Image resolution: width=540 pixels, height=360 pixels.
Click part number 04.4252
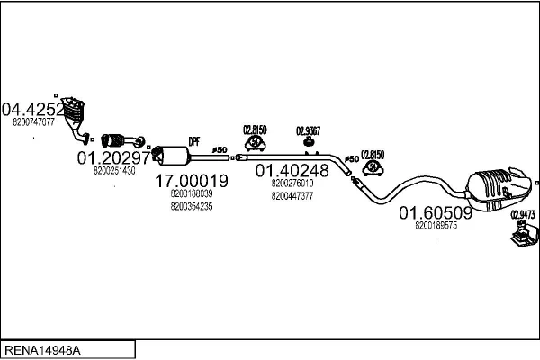(x=34, y=110)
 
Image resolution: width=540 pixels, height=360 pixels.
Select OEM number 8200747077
(x=34, y=121)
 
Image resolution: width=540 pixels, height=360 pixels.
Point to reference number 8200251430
(x=113, y=170)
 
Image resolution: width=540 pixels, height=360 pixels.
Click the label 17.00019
(x=191, y=181)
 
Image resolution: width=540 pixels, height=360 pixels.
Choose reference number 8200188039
(x=191, y=193)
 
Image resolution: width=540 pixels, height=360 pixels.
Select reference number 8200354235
(x=191, y=207)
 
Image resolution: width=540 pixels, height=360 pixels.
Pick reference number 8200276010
(x=292, y=183)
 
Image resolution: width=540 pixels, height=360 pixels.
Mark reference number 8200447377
(x=292, y=195)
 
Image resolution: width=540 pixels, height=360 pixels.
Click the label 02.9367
(x=309, y=130)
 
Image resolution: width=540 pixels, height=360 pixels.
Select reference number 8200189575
(x=436, y=226)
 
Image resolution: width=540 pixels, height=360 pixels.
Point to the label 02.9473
(x=522, y=214)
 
